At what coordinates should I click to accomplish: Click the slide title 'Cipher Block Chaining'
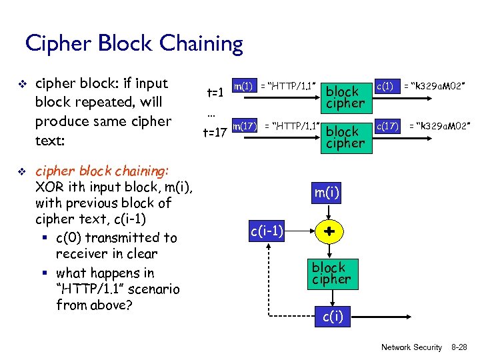[x=134, y=44]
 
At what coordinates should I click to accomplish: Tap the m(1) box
[x=242, y=86]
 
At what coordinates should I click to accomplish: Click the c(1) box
[x=385, y=85]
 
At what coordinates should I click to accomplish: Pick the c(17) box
[x=387, y=125]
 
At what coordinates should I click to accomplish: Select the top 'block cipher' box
[x=345, y=97]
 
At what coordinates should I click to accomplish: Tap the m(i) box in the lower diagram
[x=327, y=193]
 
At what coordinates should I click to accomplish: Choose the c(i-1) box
[x=267, y=231]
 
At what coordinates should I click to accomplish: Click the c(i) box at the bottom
[x=333, y=317]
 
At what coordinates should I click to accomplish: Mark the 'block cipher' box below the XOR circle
[x=331, y=273]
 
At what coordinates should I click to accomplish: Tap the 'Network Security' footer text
[x=411, y=347]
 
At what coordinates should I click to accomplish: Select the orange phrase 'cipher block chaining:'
[x=101, y=171]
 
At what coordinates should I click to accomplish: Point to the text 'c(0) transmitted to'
[x=117, y=237]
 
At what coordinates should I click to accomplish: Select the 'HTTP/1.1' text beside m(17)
[x=292, y=125]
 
